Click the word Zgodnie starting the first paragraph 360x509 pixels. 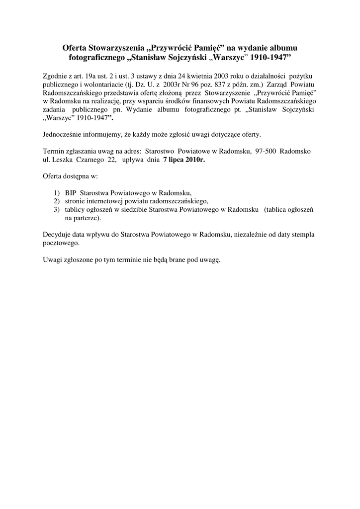[x=56, y=76]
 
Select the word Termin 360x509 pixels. [x=54, y=151]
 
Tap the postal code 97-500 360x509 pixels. [x=266, y=151]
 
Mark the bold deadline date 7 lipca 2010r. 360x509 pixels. [x=183, y=160]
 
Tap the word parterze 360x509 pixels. [x=87, y=218]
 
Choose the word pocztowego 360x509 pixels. [x=61, y=244]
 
